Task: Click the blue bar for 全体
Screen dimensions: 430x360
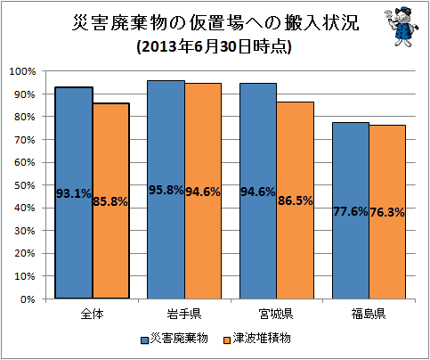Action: pos(74,192)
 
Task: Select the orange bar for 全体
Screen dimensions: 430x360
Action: pos(111,200)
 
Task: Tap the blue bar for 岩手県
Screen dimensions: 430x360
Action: pos(166,190)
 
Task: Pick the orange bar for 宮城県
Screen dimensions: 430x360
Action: pos(296,200)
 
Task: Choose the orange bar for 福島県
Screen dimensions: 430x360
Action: pos(387,212)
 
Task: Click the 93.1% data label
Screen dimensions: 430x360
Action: pos(74,193)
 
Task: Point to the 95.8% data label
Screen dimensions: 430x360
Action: pos(166,190)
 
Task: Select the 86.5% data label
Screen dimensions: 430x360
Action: pos(296,200)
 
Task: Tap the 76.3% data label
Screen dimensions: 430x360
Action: pos(387,212)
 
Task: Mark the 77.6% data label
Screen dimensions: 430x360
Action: pos(351,211)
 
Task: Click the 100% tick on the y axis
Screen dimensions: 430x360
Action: pos(22,71)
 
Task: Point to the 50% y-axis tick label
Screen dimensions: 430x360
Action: pos(25,185)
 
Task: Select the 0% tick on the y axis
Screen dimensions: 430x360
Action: pos(28,299)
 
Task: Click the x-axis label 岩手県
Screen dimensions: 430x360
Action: pos(184,314)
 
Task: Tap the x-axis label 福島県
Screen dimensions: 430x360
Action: pos(369,314)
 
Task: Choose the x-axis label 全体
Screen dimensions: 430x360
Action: pos(92,314)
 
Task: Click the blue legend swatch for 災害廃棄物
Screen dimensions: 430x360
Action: pos(144,340)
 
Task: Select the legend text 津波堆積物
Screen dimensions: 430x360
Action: pos(262,338)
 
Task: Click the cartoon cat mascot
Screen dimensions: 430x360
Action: pos(402,26)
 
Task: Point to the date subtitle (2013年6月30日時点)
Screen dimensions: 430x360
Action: pos(214,46)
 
